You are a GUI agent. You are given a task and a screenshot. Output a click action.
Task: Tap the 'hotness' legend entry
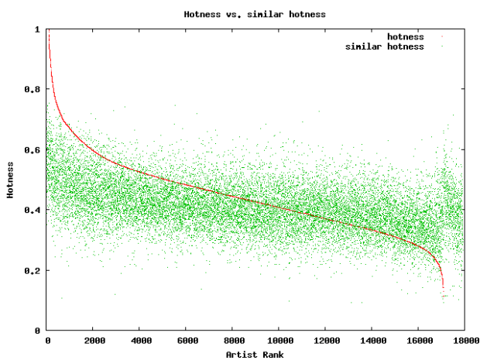coord(405,36)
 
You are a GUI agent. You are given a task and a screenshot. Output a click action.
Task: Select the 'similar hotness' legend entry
coord(384,46)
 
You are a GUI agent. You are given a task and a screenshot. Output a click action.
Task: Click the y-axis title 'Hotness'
coord(10,180)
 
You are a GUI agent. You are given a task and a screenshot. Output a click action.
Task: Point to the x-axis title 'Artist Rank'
coord(255,354)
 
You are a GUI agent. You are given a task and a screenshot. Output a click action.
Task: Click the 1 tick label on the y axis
coord(37,29)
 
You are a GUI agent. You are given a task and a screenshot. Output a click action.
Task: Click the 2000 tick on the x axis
coord(94,340)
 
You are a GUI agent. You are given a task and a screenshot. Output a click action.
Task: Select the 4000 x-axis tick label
coord(140,340)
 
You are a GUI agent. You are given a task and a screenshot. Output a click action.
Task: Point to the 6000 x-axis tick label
coord(187,340)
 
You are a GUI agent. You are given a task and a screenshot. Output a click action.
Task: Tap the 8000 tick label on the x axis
coord(232,340)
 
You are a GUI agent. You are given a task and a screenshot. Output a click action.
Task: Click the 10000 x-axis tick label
coord(279,340)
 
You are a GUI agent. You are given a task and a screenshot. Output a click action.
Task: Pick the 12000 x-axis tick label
coord(325,340)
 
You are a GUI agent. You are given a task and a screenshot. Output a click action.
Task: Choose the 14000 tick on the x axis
coord(372,340)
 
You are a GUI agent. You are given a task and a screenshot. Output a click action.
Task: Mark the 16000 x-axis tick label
coord(417,340)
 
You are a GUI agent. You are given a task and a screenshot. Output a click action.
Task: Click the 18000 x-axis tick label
coord(463,340)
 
